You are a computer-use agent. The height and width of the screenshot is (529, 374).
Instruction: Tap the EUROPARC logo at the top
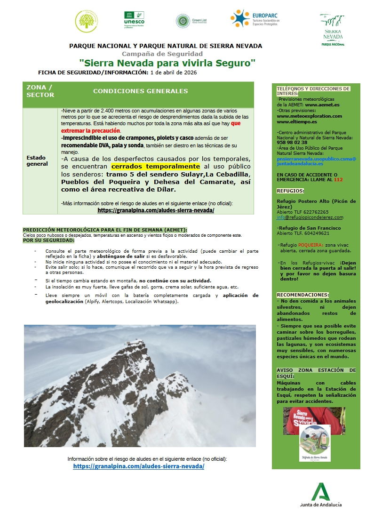point(255,19)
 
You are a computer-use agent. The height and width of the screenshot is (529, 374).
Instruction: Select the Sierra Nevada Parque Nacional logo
point(333,29)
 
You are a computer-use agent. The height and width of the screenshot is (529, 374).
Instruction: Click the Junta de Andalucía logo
point(321,495)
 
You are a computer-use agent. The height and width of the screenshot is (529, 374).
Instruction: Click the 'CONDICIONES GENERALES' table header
point(140,91)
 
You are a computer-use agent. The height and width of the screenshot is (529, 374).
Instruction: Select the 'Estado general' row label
point(37,160)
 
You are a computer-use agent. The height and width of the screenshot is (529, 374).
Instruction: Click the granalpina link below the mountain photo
point(139,466)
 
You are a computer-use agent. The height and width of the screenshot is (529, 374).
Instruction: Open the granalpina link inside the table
point(156,210)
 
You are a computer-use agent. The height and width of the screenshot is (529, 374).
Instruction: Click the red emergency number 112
point(338,180)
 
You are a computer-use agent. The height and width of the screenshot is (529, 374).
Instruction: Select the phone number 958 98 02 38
point(292,142)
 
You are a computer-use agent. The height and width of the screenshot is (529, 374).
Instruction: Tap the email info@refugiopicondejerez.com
point(310,217)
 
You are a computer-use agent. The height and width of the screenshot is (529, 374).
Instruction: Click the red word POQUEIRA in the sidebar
point(310,245)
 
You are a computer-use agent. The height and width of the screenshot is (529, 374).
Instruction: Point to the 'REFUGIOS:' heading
point(290,191)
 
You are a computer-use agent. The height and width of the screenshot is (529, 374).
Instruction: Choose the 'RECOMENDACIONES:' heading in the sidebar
point(302,295)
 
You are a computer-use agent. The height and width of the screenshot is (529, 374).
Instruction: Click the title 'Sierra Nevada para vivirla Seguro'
point(167,62)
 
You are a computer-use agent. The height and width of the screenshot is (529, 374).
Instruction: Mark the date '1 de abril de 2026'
point(173,72)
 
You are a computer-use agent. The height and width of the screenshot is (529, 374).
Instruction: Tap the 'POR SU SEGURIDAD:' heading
point(48,240)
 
